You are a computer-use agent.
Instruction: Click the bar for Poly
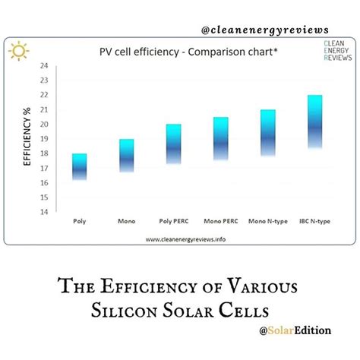tap(79, 166)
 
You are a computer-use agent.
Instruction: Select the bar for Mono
tap(127, 156)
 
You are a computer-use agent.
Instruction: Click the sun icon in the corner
tap(19, 52)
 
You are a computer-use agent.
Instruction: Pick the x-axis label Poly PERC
tap(174, 223)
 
